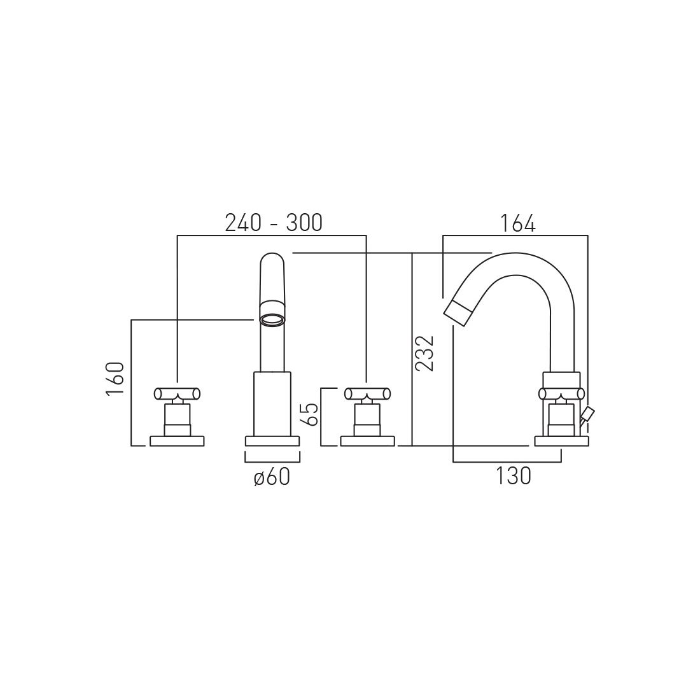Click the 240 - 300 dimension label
(273, 223)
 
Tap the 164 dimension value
(517, 223)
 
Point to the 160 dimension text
(115, 379)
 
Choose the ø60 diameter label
(272, 477)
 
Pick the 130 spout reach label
(514, 476)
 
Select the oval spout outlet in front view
(272, 319)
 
